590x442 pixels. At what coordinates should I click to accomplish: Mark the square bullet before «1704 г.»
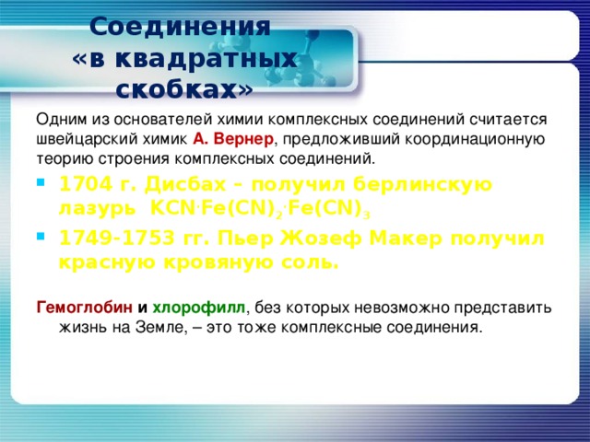(x=40, y=181)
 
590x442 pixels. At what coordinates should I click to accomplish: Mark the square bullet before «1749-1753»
(x=40, y=236)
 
